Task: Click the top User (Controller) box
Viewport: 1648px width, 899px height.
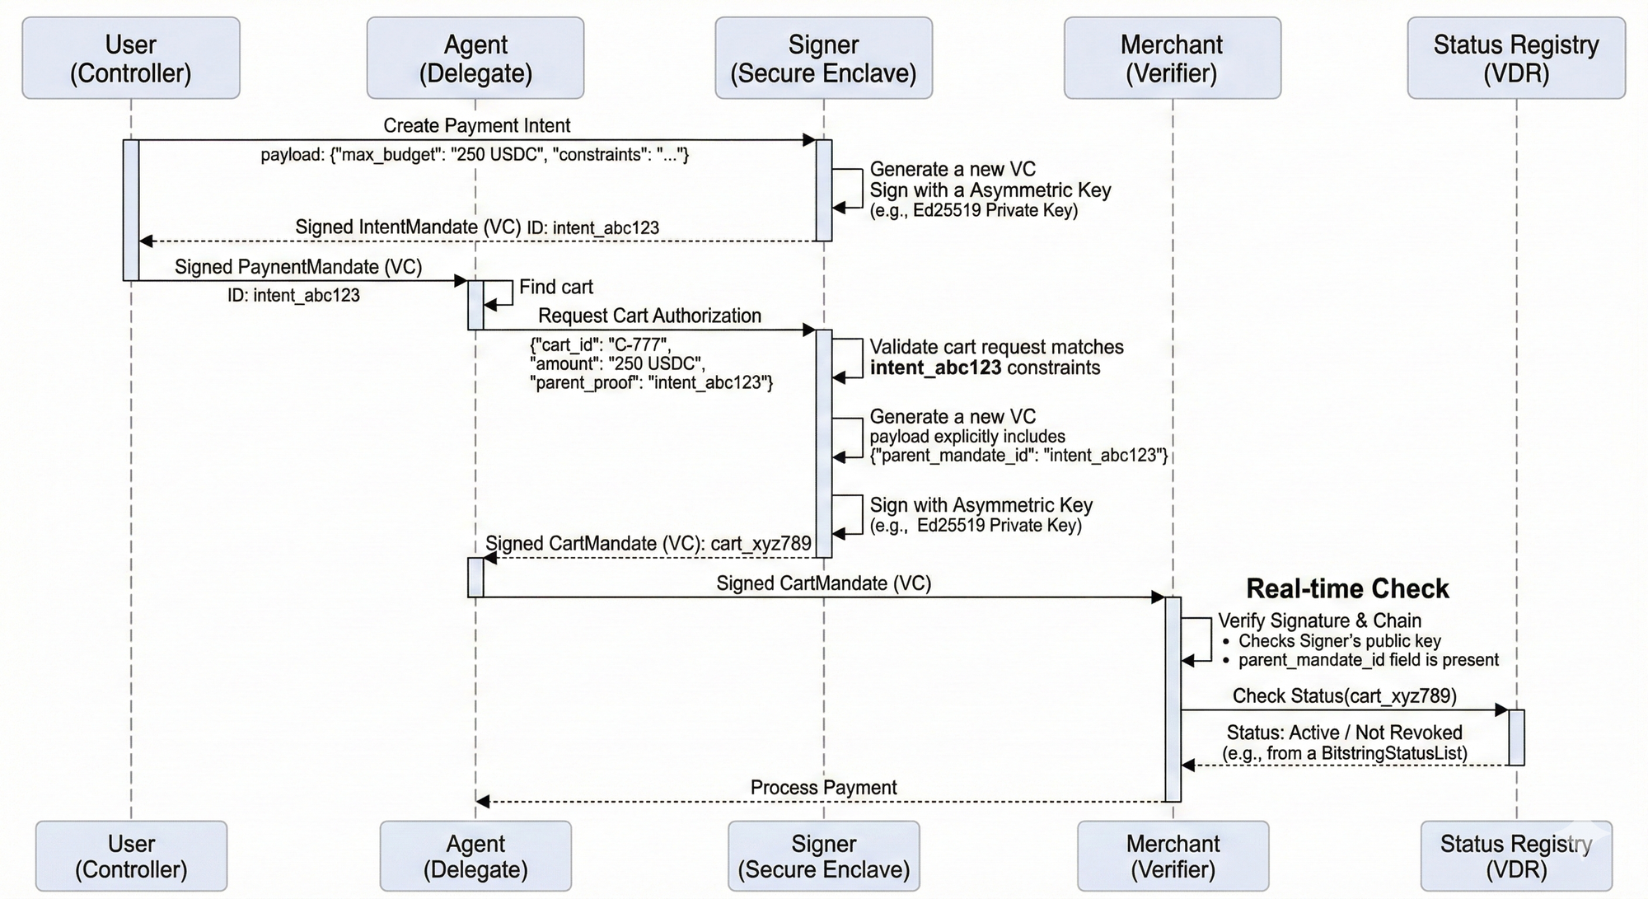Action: (131, 59)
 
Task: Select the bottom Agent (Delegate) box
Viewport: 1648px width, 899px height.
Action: (475, 856)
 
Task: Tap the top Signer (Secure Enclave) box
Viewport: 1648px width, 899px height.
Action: (823, 59)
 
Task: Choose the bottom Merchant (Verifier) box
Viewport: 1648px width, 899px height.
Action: (1173, 856)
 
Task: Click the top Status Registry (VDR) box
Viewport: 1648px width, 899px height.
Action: (1516, 59)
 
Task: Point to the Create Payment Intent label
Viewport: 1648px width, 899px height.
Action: (476, 125)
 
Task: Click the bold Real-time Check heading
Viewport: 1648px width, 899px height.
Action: (1346, 588)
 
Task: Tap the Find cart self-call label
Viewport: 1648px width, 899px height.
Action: (555, 287)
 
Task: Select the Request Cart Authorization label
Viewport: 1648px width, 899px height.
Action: (649, 316)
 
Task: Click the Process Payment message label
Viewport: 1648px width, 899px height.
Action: (823, 787)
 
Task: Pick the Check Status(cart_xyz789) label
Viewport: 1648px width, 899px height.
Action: (1344, 695)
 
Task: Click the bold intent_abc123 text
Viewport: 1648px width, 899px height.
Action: (935, 368)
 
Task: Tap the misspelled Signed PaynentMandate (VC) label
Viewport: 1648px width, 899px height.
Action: (297, 267)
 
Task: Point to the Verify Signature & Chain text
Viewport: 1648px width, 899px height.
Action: (1319, 620)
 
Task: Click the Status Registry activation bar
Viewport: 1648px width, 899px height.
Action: (1516, 737)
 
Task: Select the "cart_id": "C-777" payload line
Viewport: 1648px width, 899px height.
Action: (600, 344)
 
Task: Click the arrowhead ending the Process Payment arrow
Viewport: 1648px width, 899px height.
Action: (483, 802)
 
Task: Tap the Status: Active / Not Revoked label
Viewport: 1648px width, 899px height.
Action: (1344, 733)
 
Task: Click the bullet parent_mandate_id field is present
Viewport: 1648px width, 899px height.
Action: (1368, 660)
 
